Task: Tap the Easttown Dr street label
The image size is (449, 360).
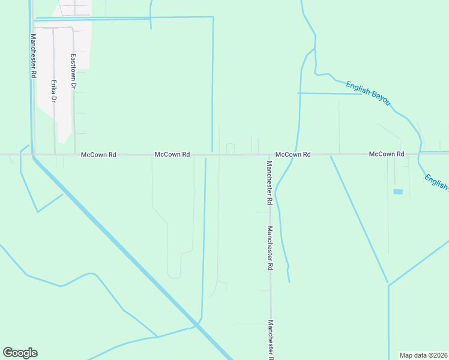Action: pos(73,71)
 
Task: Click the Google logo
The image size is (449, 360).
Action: pos(20,353)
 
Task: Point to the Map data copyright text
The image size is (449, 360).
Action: pos(424,355)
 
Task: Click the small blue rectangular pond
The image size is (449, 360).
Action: pos(397,191)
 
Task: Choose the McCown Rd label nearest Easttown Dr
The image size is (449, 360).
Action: pos(98,154)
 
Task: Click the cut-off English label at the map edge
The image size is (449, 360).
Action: pos(436,181)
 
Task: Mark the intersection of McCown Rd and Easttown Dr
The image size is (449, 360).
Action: pos(74,154)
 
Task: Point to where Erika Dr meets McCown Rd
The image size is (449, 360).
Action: pos(55,154)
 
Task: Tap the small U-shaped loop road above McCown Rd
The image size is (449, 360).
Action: pos(230,148)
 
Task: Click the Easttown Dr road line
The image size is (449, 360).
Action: pos(74,120)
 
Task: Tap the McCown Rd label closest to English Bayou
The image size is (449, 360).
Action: pos(387,154)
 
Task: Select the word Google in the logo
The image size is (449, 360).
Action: pos(20,353)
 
